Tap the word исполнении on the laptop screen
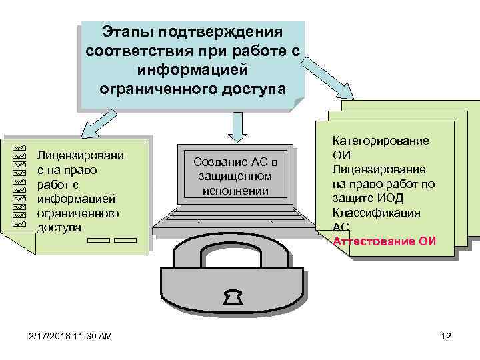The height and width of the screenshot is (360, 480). pos(235,191)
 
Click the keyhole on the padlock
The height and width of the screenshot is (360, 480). pos(233,297)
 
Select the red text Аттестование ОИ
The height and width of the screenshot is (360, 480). pos(385,241)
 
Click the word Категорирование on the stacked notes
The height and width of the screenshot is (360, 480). pos(381,141)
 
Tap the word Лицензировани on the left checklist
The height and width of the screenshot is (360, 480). pos(80,155)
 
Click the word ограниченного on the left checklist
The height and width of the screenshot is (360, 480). pos(78,213)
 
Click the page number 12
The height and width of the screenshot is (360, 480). pos(446,337)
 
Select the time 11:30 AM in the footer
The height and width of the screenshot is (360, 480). pos(94,337)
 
